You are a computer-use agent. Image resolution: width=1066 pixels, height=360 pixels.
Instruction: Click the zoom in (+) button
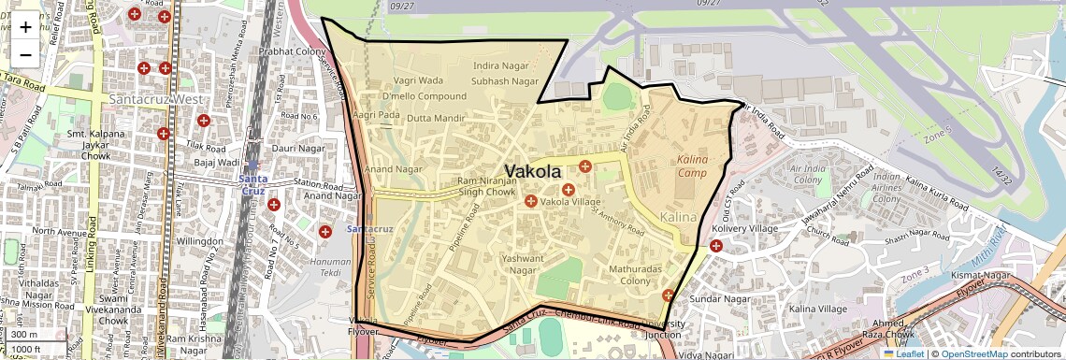pyautogui.click(x=25, y=26)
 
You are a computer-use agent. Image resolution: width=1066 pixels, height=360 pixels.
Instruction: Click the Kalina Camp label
pyautogui.click(x=693, y=166)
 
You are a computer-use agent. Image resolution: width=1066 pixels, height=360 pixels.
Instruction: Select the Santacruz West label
pyautogui.click(x=155, y=98)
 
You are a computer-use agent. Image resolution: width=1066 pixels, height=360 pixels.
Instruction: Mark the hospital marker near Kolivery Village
pyautogui.click(x=716, y=246)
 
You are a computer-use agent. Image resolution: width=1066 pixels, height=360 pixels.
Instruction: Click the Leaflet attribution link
pyautogui.click(x=903, y=353)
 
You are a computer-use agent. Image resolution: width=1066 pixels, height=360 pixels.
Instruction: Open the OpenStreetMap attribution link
pyautogui.click(x=973, y=353)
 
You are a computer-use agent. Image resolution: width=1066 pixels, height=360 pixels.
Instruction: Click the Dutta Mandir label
pyautogui.click(x=435, y=119)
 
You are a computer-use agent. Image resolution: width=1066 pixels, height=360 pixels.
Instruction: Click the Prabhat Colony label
pyautogui.click(x=292, y=51)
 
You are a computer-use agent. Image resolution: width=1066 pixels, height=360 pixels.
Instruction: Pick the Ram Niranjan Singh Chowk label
pyautogui.click(x=486, y=186)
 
